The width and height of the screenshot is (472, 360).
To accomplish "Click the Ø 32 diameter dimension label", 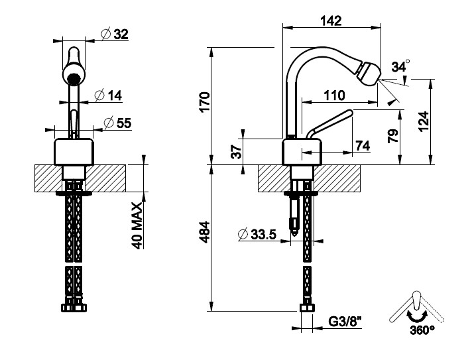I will click(x=115, y=34).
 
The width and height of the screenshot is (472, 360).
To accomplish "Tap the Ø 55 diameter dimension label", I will click(x=117, y=122).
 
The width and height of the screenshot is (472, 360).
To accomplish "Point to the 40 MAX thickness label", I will click(x=137, y=225).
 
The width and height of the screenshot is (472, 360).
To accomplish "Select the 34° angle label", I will click(x=400, y=67).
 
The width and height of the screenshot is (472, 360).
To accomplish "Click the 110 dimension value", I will click(x=334, y=95).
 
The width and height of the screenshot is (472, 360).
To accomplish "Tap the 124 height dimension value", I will click(x=424, y=123).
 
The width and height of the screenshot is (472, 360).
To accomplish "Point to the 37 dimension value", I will click(x=237, y=150).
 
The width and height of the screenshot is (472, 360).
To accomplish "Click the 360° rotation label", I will click(x=422, y=328).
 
